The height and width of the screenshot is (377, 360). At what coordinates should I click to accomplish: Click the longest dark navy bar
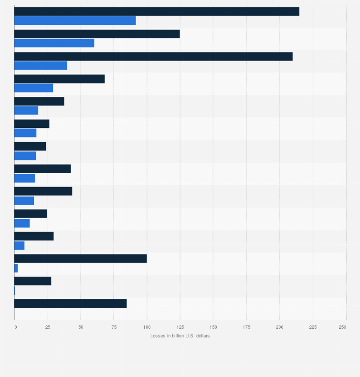(157, 11)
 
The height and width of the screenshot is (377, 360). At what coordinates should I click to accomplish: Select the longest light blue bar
(75, 21)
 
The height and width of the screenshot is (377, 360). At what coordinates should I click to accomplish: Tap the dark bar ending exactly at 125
(97, 34)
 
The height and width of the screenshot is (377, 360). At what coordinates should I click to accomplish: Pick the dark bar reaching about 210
(153, 56)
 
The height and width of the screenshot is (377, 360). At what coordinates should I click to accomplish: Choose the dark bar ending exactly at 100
(80, 259)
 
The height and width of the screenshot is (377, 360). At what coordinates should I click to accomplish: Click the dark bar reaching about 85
(70, 304)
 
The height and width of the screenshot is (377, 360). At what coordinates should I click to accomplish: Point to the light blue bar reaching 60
(54, 43)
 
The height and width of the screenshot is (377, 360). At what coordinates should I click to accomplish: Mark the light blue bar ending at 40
(41, 66)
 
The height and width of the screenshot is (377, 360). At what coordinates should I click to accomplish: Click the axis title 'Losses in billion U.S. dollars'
(180, 336)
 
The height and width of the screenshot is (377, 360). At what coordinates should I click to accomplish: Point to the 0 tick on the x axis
(16, 327)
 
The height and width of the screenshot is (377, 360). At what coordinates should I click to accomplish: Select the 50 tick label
(80, 327)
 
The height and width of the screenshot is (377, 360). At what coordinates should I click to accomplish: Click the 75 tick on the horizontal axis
(114, 327)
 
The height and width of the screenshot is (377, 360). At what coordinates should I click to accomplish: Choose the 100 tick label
(147, 327)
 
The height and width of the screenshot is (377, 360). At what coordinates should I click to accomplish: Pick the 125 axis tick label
(180, 327)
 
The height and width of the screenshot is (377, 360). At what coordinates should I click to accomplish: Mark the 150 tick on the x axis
(213, 327)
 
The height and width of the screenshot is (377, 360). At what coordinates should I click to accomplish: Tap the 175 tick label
(246, 327)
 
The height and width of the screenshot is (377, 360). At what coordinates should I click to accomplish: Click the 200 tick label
(280, 327)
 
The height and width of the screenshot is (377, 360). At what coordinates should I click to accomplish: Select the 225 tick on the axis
(313, 327)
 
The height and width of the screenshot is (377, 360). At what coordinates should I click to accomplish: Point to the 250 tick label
(342, 327)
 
